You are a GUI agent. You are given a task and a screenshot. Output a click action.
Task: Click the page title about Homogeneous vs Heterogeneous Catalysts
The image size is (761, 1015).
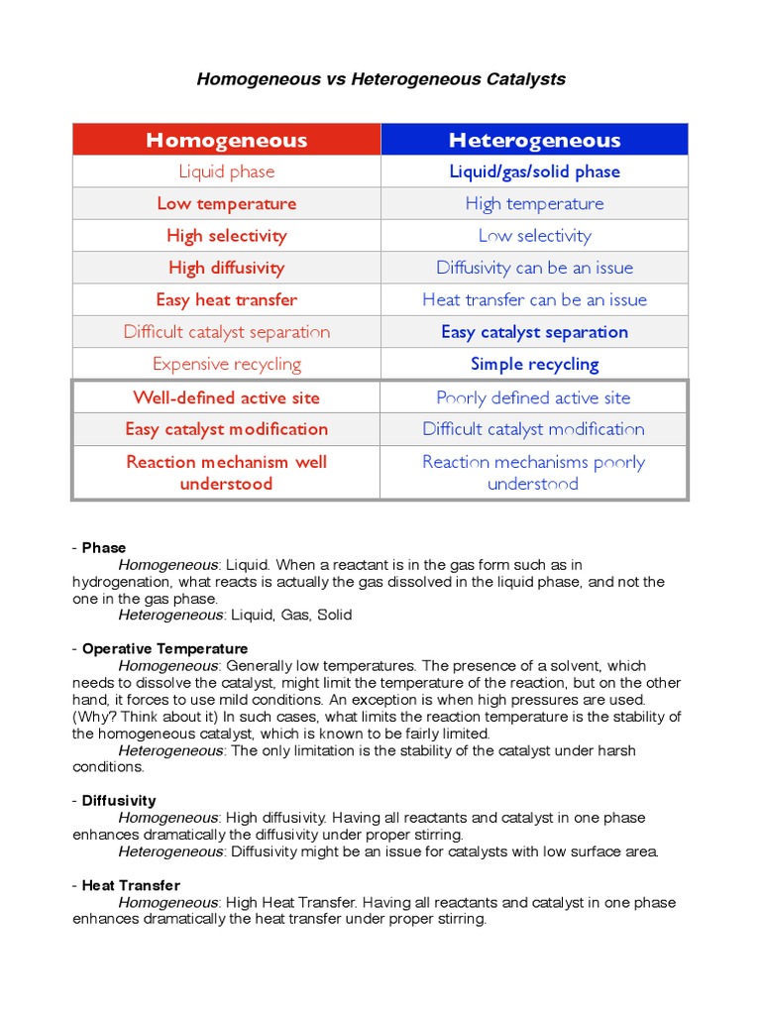pyautogui.click(x=380, y=79)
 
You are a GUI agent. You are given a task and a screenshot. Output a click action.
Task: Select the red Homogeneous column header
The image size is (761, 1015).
pyautogui.click(x=227, y=140)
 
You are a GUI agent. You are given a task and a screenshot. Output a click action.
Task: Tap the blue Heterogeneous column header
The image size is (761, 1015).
pyautogui.click(x=534, y=140)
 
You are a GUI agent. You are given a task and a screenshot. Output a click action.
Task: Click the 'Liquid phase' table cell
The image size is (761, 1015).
pyautogui.click(x=227, y=171)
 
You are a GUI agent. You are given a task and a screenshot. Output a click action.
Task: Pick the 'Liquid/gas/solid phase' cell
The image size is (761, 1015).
pyautogui.click(x=534, y=171)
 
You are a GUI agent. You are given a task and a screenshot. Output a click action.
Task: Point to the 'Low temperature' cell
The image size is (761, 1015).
pyautogui.click(x=227, y=203)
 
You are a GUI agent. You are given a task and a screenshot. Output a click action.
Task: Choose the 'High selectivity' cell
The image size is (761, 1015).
pyautogui.click(x=227, y=236)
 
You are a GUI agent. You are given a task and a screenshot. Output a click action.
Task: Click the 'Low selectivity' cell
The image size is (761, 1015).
pyautogui.click(x=534, y=236)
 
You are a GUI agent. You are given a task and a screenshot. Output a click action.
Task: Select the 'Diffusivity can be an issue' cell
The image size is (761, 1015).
pyautogui.click(x=534, y=268)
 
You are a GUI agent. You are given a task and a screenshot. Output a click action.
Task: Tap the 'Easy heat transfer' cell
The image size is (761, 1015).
pyautogui.click(x=227, y=299)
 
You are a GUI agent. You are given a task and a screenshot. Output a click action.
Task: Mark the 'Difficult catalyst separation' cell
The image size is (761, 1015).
pyautogui.click(x=227, y=332)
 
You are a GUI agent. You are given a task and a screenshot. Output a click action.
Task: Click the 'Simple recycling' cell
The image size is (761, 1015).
pyautogui.click(x=534, y=364)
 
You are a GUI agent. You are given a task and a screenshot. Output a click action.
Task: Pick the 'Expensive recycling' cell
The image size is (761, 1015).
pyautogui.click(x=227, y=364)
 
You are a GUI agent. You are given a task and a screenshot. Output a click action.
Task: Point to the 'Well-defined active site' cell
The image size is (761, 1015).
pyautogui.click(x=227, y=397)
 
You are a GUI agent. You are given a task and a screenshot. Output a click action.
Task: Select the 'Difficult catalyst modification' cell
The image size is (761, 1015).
pyautogui.click(x=534, y=429)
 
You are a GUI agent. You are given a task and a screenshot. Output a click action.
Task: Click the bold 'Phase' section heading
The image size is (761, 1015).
pyautogui.click(x=104, y=548)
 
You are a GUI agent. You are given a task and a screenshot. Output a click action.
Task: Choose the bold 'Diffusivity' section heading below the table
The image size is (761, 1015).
pyautogui.click(x=119, y=801)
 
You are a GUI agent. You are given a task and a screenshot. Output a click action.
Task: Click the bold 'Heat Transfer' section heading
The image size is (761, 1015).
pyautogui.click(x=131, y=885)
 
